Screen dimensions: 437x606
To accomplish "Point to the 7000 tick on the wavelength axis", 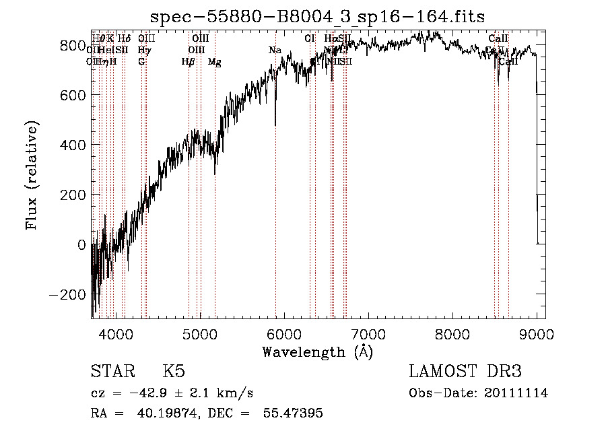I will [368, 333].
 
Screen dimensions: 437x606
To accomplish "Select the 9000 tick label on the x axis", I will [536, 333].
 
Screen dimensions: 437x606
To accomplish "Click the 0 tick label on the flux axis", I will [82, 244].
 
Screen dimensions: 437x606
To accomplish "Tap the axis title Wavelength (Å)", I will [317, 351].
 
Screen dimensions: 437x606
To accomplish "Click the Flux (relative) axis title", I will [32, 175].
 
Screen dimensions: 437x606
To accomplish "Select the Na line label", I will [275, 51].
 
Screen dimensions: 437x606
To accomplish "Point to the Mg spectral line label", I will [214, 62].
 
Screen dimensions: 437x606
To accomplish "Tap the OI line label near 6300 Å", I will [310, 39].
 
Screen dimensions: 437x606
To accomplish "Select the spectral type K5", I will [174, 372].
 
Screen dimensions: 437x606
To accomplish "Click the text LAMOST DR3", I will [465, 372].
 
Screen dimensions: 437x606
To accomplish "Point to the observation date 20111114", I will [518, 393].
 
